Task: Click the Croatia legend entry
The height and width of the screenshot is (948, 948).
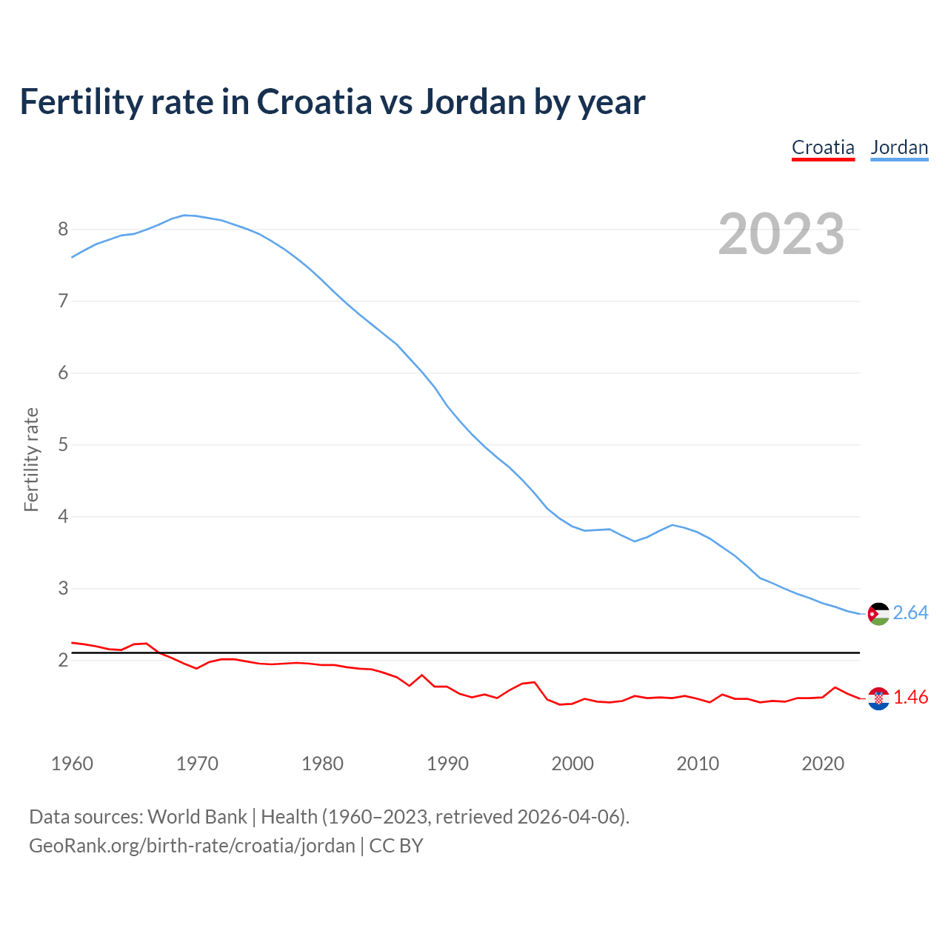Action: pyautogui.click(x=823, y=147)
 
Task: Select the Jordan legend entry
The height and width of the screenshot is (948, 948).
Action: pyautogui.click(x=899, y=147)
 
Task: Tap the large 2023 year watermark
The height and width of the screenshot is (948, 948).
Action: pyautogui.click(x=781, y=234)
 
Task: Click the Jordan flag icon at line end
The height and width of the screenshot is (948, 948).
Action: pyautogui.click(x=878, y=614)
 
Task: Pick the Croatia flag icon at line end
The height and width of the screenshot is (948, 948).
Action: pyautogui.click(x=878, y=698)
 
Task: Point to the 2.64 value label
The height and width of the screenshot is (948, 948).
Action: pyautogui.click(x=910, y=613)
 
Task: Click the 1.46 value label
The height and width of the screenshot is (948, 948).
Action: pyautogui.click(x=910, y=698)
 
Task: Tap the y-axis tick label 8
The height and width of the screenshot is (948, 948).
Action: pyautogui.click(x=63, y=229)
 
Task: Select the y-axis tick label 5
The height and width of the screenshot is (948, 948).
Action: pyautogui.click(x=63, y=444)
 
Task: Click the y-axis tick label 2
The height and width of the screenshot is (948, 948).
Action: pyautogui.click(x=63, y=660)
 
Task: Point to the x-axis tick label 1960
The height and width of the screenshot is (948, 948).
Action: pyautogui.click(x=72, y=764)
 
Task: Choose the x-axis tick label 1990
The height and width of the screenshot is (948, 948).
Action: pyautogui.click(x=447, y=764)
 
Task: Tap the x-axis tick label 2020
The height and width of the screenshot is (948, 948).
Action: pyautogui.click(x=823, y=764)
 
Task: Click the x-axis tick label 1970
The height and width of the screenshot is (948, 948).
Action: pyautogui.click(x=197, y=764)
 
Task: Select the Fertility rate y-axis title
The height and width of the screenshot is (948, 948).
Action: pyautogui.click(x=31, y=459)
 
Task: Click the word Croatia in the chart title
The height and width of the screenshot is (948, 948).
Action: pyautogui.click(x=314, y=101)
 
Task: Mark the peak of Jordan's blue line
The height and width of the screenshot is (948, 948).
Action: pyautogui.click(x=185, y=215)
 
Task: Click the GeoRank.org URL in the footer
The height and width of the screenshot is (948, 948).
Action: pyautogui.click(x=192, y=846)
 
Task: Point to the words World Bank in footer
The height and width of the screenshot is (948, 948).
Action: pyautogui.click(x=197, y=817)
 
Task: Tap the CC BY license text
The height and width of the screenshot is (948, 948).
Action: pyautogui.click(x=396, y=846)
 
